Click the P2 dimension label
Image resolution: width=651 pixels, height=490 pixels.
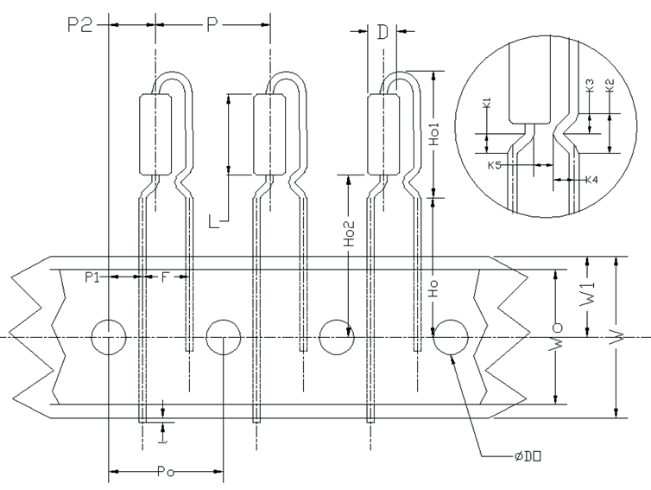[79, 23]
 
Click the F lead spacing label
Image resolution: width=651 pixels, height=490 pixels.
[166, 277]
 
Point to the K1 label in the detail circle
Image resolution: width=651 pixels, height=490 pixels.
[487, 104]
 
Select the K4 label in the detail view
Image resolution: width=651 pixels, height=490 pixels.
[591, 180]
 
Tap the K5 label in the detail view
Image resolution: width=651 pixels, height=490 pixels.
[494, 164]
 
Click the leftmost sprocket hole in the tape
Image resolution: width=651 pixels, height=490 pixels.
[109, 336]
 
